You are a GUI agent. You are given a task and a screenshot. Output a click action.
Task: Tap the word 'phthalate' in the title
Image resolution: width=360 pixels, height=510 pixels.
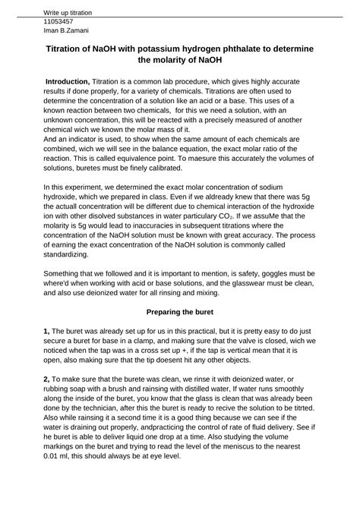click(x=213, y=49)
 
